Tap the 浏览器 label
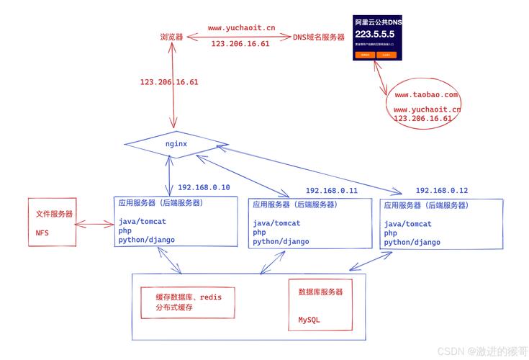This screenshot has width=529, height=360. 171,37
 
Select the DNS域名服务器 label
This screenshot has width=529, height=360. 319,37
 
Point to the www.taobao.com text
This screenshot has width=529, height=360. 426,94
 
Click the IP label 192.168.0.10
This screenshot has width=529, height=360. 204,187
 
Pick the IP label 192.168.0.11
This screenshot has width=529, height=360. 332,191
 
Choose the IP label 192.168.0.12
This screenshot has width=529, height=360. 441,191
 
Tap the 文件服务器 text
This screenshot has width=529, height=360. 54,214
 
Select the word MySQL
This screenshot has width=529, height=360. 309,320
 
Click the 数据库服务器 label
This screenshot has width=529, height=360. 320,292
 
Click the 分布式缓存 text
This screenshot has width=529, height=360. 173,308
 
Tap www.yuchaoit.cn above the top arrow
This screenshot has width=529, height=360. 241,28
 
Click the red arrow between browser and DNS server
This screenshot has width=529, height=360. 238,37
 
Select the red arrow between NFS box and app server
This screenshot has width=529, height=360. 94,225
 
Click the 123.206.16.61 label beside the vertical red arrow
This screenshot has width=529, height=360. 169,82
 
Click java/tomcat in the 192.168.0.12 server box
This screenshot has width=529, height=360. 408,224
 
